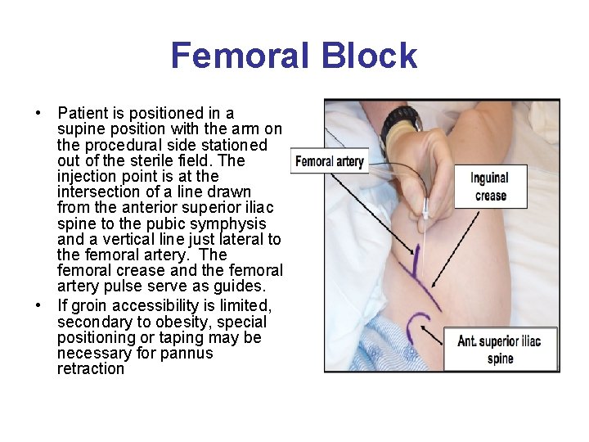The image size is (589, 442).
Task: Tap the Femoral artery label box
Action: [x=329, y=161]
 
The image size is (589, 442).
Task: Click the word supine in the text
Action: [x=79, y=129]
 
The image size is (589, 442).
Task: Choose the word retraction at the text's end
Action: [x=91, y=368]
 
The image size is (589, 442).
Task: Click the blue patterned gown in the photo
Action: [x=384, y=348]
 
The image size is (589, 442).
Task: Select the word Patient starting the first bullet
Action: [x=82, y=113]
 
